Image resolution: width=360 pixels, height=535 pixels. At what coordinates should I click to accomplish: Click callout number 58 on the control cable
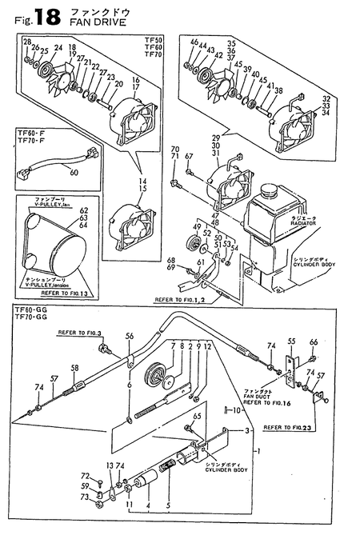[74, 368]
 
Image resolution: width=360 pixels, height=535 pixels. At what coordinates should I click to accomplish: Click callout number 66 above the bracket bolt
[314, 341]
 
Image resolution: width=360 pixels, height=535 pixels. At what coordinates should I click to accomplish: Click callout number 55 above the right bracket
[291, 341]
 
